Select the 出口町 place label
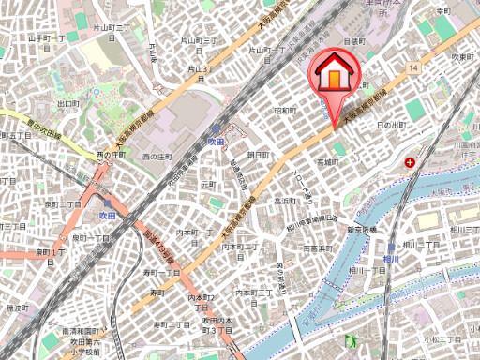[x=68, y=104]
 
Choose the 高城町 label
[x=325, y=162]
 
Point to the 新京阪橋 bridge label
[x=355, y=230]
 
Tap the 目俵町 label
[x=353, y=41]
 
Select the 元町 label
[x=208, y=186]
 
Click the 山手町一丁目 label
[x=45, y=38]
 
